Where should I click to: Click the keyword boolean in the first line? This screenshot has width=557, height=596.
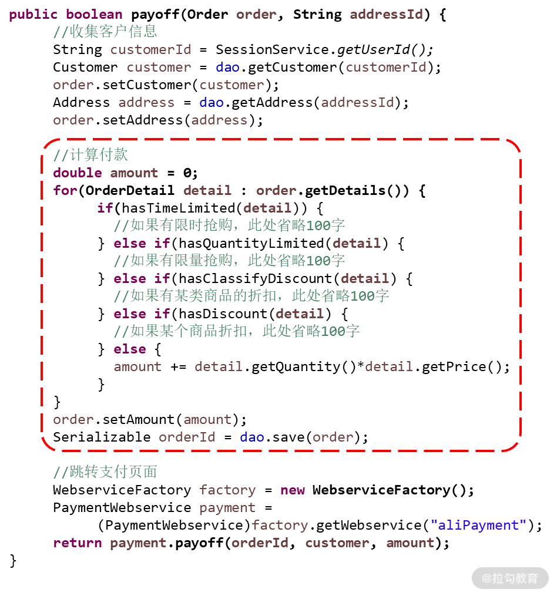(x=94, y=15)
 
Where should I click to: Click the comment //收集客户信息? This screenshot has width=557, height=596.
(x=105, y=32)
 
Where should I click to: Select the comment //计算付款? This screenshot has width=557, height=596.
(x=90, y=155)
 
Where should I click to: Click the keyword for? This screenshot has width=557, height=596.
(x=65, y=190)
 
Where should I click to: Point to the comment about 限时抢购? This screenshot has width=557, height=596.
(x=229, y=225)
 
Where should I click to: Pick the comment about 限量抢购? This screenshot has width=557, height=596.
(x=229, y=261)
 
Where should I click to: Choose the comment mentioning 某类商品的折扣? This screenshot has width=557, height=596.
(x=251, y=296)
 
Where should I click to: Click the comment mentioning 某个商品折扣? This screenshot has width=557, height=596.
(x=236, y=331)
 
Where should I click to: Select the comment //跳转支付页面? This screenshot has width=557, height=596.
(x=105, y=472)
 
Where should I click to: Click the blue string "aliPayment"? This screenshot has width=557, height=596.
(x=478, y=525)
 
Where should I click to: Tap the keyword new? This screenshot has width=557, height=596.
(x=293, y=490)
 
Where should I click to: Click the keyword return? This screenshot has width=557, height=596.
(x=78, y=543)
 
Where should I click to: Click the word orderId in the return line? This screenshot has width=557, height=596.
(x=260, y=543)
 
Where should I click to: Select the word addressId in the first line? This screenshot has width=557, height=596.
(x=386, y=15)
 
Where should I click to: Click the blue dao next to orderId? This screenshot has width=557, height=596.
(x=252, y=437)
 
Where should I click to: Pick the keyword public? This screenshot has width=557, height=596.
(x=33, y=15)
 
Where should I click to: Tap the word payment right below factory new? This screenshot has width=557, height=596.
(x=227, y=507)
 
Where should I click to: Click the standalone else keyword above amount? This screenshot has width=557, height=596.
(x=130, y=349)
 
